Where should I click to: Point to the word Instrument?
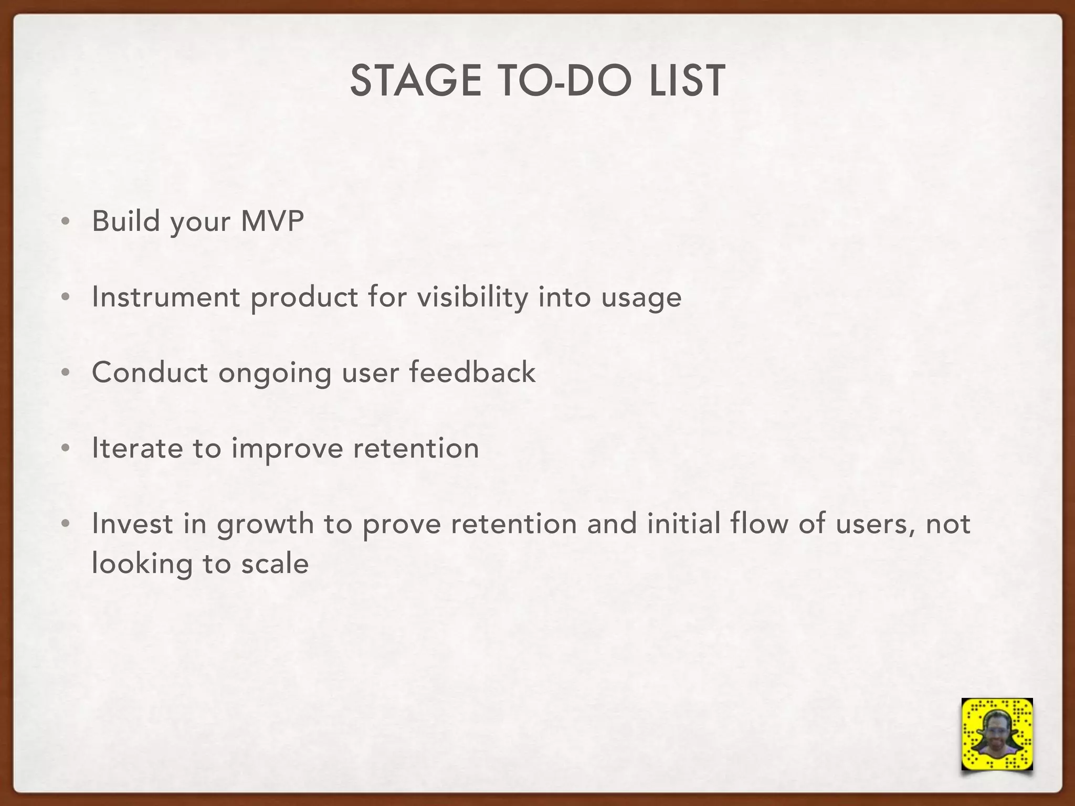(x=166, y=297)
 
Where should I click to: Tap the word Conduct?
(x=150, y=373)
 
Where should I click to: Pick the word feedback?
(x=472, y=373)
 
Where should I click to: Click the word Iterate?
(x=138, y=448)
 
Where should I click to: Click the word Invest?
(x=132, y=524)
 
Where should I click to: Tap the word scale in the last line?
(x=275, y=564)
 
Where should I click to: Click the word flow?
(x=759, y=524)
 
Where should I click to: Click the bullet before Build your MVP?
(x=65, y=222)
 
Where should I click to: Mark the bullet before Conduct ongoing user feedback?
(x=65, y=373)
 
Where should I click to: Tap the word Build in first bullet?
(x=126, y=221)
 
